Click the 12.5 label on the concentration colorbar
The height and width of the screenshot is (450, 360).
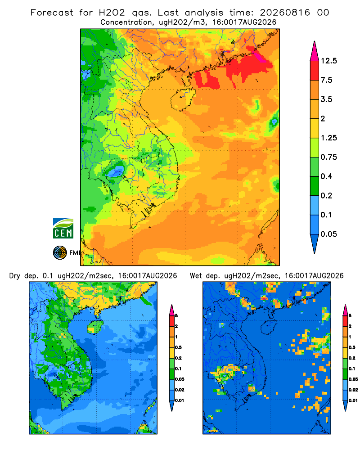[x=328, y=61]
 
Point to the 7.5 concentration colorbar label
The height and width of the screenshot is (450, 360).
[x=326, y=80]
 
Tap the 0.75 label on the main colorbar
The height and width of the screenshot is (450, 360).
[x=328, y=157]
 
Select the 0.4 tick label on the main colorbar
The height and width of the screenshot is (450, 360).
[x=326, y=176]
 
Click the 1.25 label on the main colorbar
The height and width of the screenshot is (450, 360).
[x=328, y=138]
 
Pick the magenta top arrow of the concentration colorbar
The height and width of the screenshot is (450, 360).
[x=315, y=51]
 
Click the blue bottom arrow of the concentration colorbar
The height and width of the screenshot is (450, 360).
[x=315, y=243]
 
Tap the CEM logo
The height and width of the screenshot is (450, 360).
[x=63, y=228]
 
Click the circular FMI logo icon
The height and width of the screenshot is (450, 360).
[x=60, y=252]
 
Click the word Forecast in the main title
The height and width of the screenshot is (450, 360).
[x=52, y=13]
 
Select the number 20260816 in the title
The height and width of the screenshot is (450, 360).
[x=285, y=13]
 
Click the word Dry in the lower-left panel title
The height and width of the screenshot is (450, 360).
[x=15, y=276]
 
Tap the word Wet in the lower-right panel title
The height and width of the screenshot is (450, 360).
[x=196, y=276]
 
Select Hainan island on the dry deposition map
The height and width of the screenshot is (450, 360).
[x=95, y=327]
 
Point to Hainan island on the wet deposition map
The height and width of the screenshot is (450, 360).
[x=269, y=327]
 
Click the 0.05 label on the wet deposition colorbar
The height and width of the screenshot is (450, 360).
[x=353, y=379]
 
